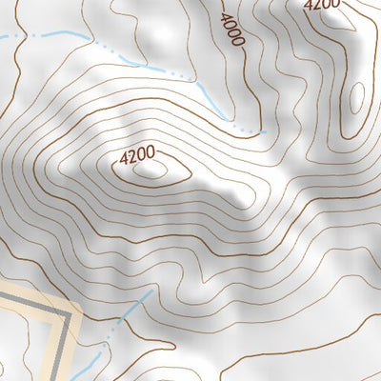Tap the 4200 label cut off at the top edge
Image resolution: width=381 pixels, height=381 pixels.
coord(322,5)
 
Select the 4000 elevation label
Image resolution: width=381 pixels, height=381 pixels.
coord(231,30)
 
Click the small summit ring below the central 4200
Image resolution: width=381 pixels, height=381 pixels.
coord(149,171)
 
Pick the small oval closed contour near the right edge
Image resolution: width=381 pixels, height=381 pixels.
coord(357,97)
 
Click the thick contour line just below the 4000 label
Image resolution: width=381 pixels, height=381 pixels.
coord(240,57)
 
